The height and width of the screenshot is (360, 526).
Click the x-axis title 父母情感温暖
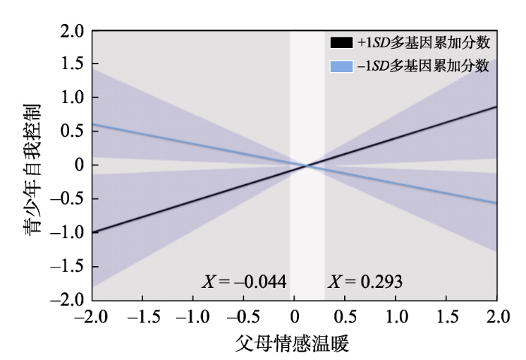293,343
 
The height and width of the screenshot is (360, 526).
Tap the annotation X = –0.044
244,283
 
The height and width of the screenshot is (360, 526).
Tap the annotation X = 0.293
365,283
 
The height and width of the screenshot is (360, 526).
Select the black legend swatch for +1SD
341,42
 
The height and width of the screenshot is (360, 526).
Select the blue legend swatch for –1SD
341,67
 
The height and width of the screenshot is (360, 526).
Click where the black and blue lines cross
306,165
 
